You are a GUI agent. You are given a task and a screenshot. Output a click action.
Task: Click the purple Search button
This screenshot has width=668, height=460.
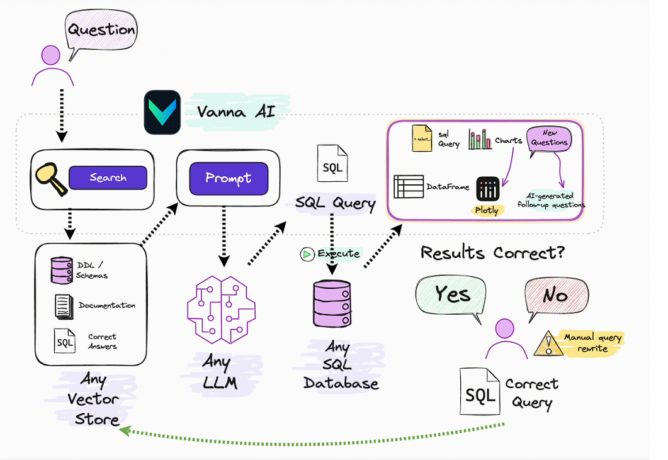(x=108, y=178)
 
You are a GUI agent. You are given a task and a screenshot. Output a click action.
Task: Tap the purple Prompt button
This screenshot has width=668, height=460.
(x=229, y=178)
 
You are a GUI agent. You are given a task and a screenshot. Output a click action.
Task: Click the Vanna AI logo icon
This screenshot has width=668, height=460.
(x=162, y=113)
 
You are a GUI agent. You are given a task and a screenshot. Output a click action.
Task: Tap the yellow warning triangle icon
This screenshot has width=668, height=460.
(x=546, y=344)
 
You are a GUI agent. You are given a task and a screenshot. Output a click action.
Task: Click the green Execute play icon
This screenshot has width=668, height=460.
(x=307, y=254)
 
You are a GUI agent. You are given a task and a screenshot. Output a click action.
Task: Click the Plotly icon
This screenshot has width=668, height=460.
(x=488, y=189)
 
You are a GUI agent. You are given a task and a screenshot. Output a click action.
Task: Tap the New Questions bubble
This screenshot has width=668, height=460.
(x=549, y=139)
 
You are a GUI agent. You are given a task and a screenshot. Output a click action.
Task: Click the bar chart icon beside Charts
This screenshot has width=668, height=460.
(x=480, y=139)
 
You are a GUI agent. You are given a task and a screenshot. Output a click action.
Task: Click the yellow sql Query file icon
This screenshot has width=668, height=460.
(x=422, y=138)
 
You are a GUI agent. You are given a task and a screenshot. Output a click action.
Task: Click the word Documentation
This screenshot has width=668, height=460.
(x=107, y=305)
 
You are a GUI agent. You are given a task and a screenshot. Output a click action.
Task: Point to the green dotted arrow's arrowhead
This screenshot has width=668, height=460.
(x=124, y=430)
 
